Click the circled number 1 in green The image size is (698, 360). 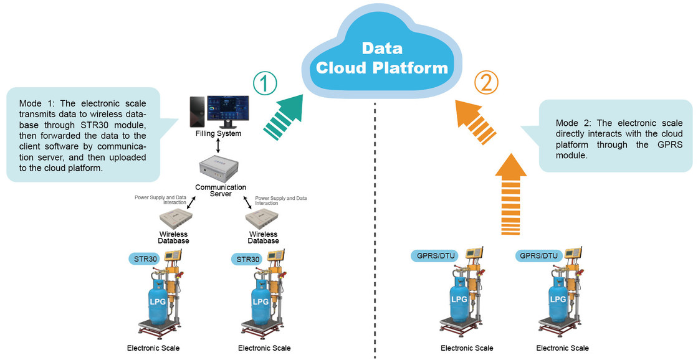(265, 83)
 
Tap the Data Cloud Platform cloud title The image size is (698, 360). (382, 58)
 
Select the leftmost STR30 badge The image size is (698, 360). (145, 258)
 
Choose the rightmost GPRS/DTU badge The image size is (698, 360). (540, 255)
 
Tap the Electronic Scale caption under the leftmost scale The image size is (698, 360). (153, 348)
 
